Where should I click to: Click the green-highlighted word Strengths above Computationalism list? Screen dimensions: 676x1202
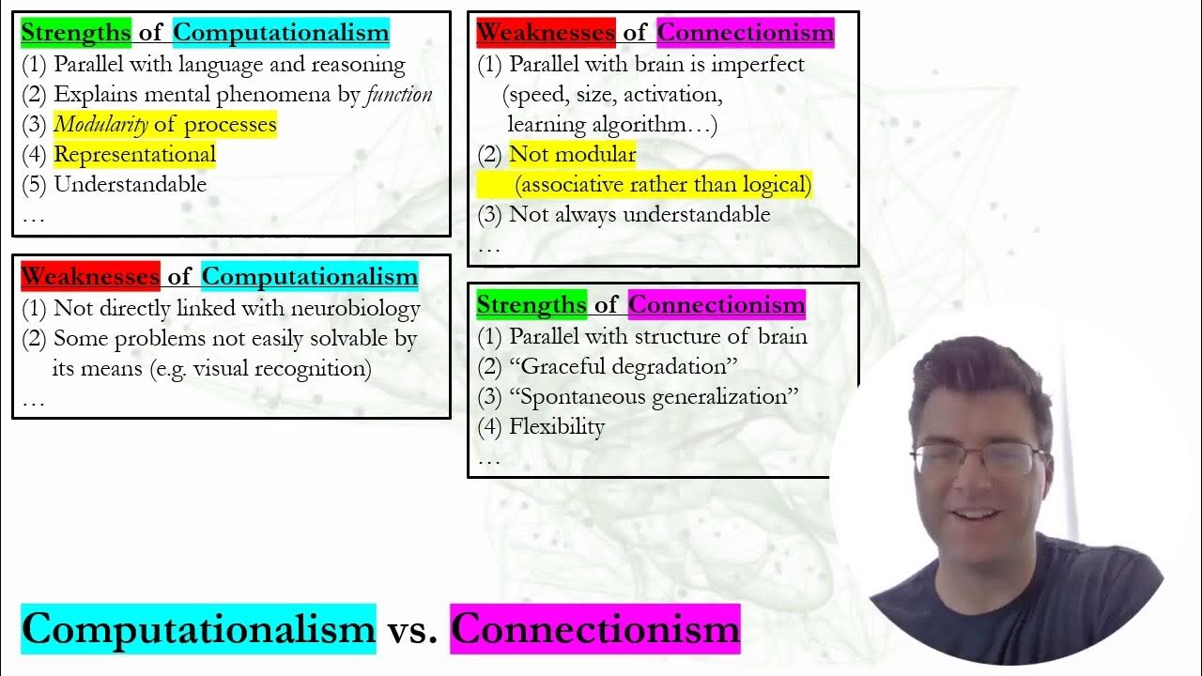[x=75, y=33]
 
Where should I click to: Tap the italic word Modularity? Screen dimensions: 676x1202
[x=100, y=124]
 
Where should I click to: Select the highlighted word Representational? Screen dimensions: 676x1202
[x=134, y=154]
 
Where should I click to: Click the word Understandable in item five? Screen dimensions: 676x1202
[x=130, y=184]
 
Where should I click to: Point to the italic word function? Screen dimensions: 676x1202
[x=398, y=94]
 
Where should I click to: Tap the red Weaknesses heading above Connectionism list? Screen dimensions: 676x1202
[x=546, y=33]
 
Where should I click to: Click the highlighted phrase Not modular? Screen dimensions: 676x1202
[x=572, y=154]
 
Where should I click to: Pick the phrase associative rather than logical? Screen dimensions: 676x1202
[x=663, y=184]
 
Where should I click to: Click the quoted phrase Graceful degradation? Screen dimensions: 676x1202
[x=624, y=366]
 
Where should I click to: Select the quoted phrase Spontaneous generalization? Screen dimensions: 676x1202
[x=654, y=396]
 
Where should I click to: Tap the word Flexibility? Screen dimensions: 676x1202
[x=557, y=426]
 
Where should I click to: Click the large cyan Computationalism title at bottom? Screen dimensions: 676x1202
[x=198, y=628]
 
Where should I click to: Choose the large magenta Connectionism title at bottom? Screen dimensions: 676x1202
[x=594, y=628]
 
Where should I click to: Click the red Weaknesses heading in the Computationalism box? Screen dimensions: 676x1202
[x=90, y=276]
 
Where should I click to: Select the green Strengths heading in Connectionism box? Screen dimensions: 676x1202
[x=532, y=304]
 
